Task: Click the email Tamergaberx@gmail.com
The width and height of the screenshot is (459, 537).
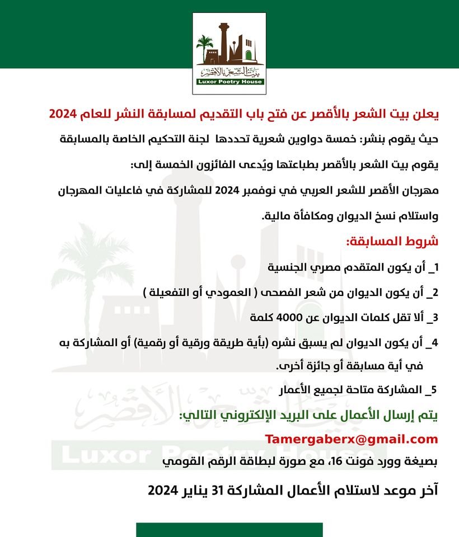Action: click(x=351, y=439)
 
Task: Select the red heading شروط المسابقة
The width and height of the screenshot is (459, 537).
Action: click(x=392, y=242)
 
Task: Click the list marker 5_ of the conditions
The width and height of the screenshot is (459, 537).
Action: click(x=430, y=389)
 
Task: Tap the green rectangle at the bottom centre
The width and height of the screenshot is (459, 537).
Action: click(x=230, y=530)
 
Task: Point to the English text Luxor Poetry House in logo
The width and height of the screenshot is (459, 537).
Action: click(x=230, y=82)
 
